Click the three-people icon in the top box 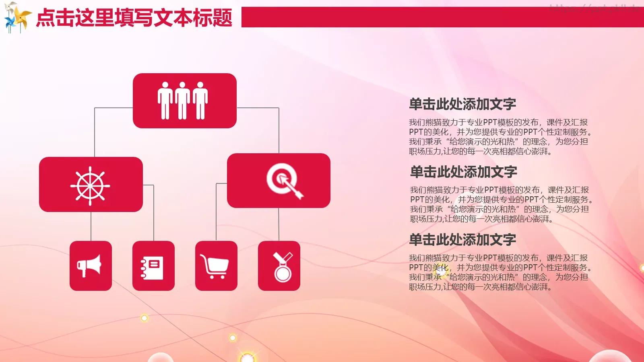(x=183, y=101)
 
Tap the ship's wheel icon (x=90, y=185)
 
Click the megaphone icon (x=90, y=265)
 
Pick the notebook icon (x=153, y=267)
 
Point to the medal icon (x=283, y=267)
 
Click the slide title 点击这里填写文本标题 (x=134, y=18)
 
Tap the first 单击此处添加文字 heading (x=462, y=104)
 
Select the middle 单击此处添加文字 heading (x=463, y=172)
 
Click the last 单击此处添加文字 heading (x=462, y=240)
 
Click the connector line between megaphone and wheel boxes (x=91, y=226)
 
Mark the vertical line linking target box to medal (x=279, y=224)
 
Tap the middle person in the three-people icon (x=183, y=101)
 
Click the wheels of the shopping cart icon (x=217, y=277)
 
